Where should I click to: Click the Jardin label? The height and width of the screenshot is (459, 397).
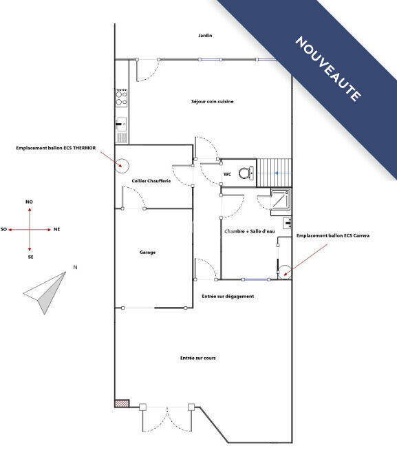coord(205,35)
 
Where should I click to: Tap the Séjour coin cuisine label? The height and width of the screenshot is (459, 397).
coord(212,102)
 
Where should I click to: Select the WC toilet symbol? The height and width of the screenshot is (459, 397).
coord(246,173)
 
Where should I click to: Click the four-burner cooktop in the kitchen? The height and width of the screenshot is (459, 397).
coord(121,98)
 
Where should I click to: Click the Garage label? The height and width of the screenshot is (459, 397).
coord(147,253)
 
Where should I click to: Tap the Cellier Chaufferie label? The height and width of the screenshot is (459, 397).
coord(151,181)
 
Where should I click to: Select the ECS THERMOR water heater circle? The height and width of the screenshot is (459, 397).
coord(122,166)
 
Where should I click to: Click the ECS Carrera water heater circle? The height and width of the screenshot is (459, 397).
coord(285,273)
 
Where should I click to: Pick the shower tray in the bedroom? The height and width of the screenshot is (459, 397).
coord(281,200)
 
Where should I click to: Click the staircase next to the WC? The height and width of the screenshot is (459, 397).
coord(275,173)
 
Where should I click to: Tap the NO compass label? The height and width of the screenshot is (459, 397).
coord(29,202)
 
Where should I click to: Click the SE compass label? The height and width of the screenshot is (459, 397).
coord(30,257)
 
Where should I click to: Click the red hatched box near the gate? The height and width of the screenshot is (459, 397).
coord(122,403)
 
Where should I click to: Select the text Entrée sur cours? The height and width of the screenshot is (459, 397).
coord(198,358)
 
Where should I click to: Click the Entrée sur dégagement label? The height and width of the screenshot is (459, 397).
coord(228,296)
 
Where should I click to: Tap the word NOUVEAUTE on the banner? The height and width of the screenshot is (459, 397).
coord(328,69)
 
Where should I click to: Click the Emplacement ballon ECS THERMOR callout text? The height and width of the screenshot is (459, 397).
coord(56,148)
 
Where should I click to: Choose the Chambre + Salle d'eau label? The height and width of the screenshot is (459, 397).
coord(250,231)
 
